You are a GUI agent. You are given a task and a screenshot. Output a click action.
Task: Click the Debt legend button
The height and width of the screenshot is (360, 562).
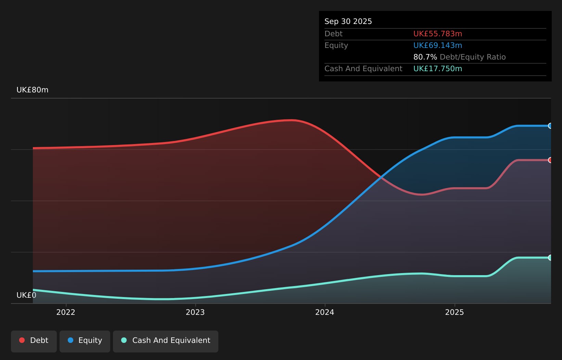(34, 342)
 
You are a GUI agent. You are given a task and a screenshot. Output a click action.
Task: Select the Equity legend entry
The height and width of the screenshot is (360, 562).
(85, 342)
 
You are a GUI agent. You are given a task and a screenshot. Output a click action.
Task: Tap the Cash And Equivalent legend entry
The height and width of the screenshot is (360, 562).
(166, 342)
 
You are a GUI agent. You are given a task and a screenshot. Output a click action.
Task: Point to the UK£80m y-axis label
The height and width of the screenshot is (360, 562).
(33, 90)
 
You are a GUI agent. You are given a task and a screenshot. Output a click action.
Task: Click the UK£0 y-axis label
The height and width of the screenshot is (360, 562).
(26, 295)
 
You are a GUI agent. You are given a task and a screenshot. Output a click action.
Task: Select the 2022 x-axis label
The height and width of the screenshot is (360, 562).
(66, 312)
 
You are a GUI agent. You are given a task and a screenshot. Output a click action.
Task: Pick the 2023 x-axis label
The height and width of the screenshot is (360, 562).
(195, 312)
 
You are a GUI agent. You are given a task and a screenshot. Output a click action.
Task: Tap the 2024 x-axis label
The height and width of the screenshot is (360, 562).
(325, 312)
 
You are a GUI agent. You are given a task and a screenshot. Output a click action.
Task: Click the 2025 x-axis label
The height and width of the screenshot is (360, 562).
(455, 312)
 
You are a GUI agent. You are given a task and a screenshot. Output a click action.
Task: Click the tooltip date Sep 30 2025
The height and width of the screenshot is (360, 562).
(348, 22)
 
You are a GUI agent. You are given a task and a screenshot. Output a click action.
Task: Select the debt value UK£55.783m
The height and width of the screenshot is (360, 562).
(437, 34)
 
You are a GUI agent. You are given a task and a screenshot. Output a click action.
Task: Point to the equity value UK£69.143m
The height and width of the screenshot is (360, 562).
(437, 46)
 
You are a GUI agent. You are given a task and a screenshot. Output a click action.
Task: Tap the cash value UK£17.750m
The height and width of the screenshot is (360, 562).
(437, 69)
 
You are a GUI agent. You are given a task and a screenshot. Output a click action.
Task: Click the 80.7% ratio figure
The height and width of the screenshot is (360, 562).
(425, 57)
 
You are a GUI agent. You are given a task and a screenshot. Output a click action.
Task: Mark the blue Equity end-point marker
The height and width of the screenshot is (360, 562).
(550, 126)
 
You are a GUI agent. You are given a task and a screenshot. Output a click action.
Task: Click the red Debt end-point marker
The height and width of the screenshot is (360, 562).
(550, 160)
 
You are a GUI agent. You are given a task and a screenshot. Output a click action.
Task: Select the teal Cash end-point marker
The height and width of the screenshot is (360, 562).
(550, 258)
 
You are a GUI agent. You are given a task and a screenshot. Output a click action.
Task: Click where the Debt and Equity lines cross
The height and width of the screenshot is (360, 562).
(381, 177)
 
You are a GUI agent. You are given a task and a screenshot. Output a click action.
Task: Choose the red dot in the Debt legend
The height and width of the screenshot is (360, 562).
(22, 340)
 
